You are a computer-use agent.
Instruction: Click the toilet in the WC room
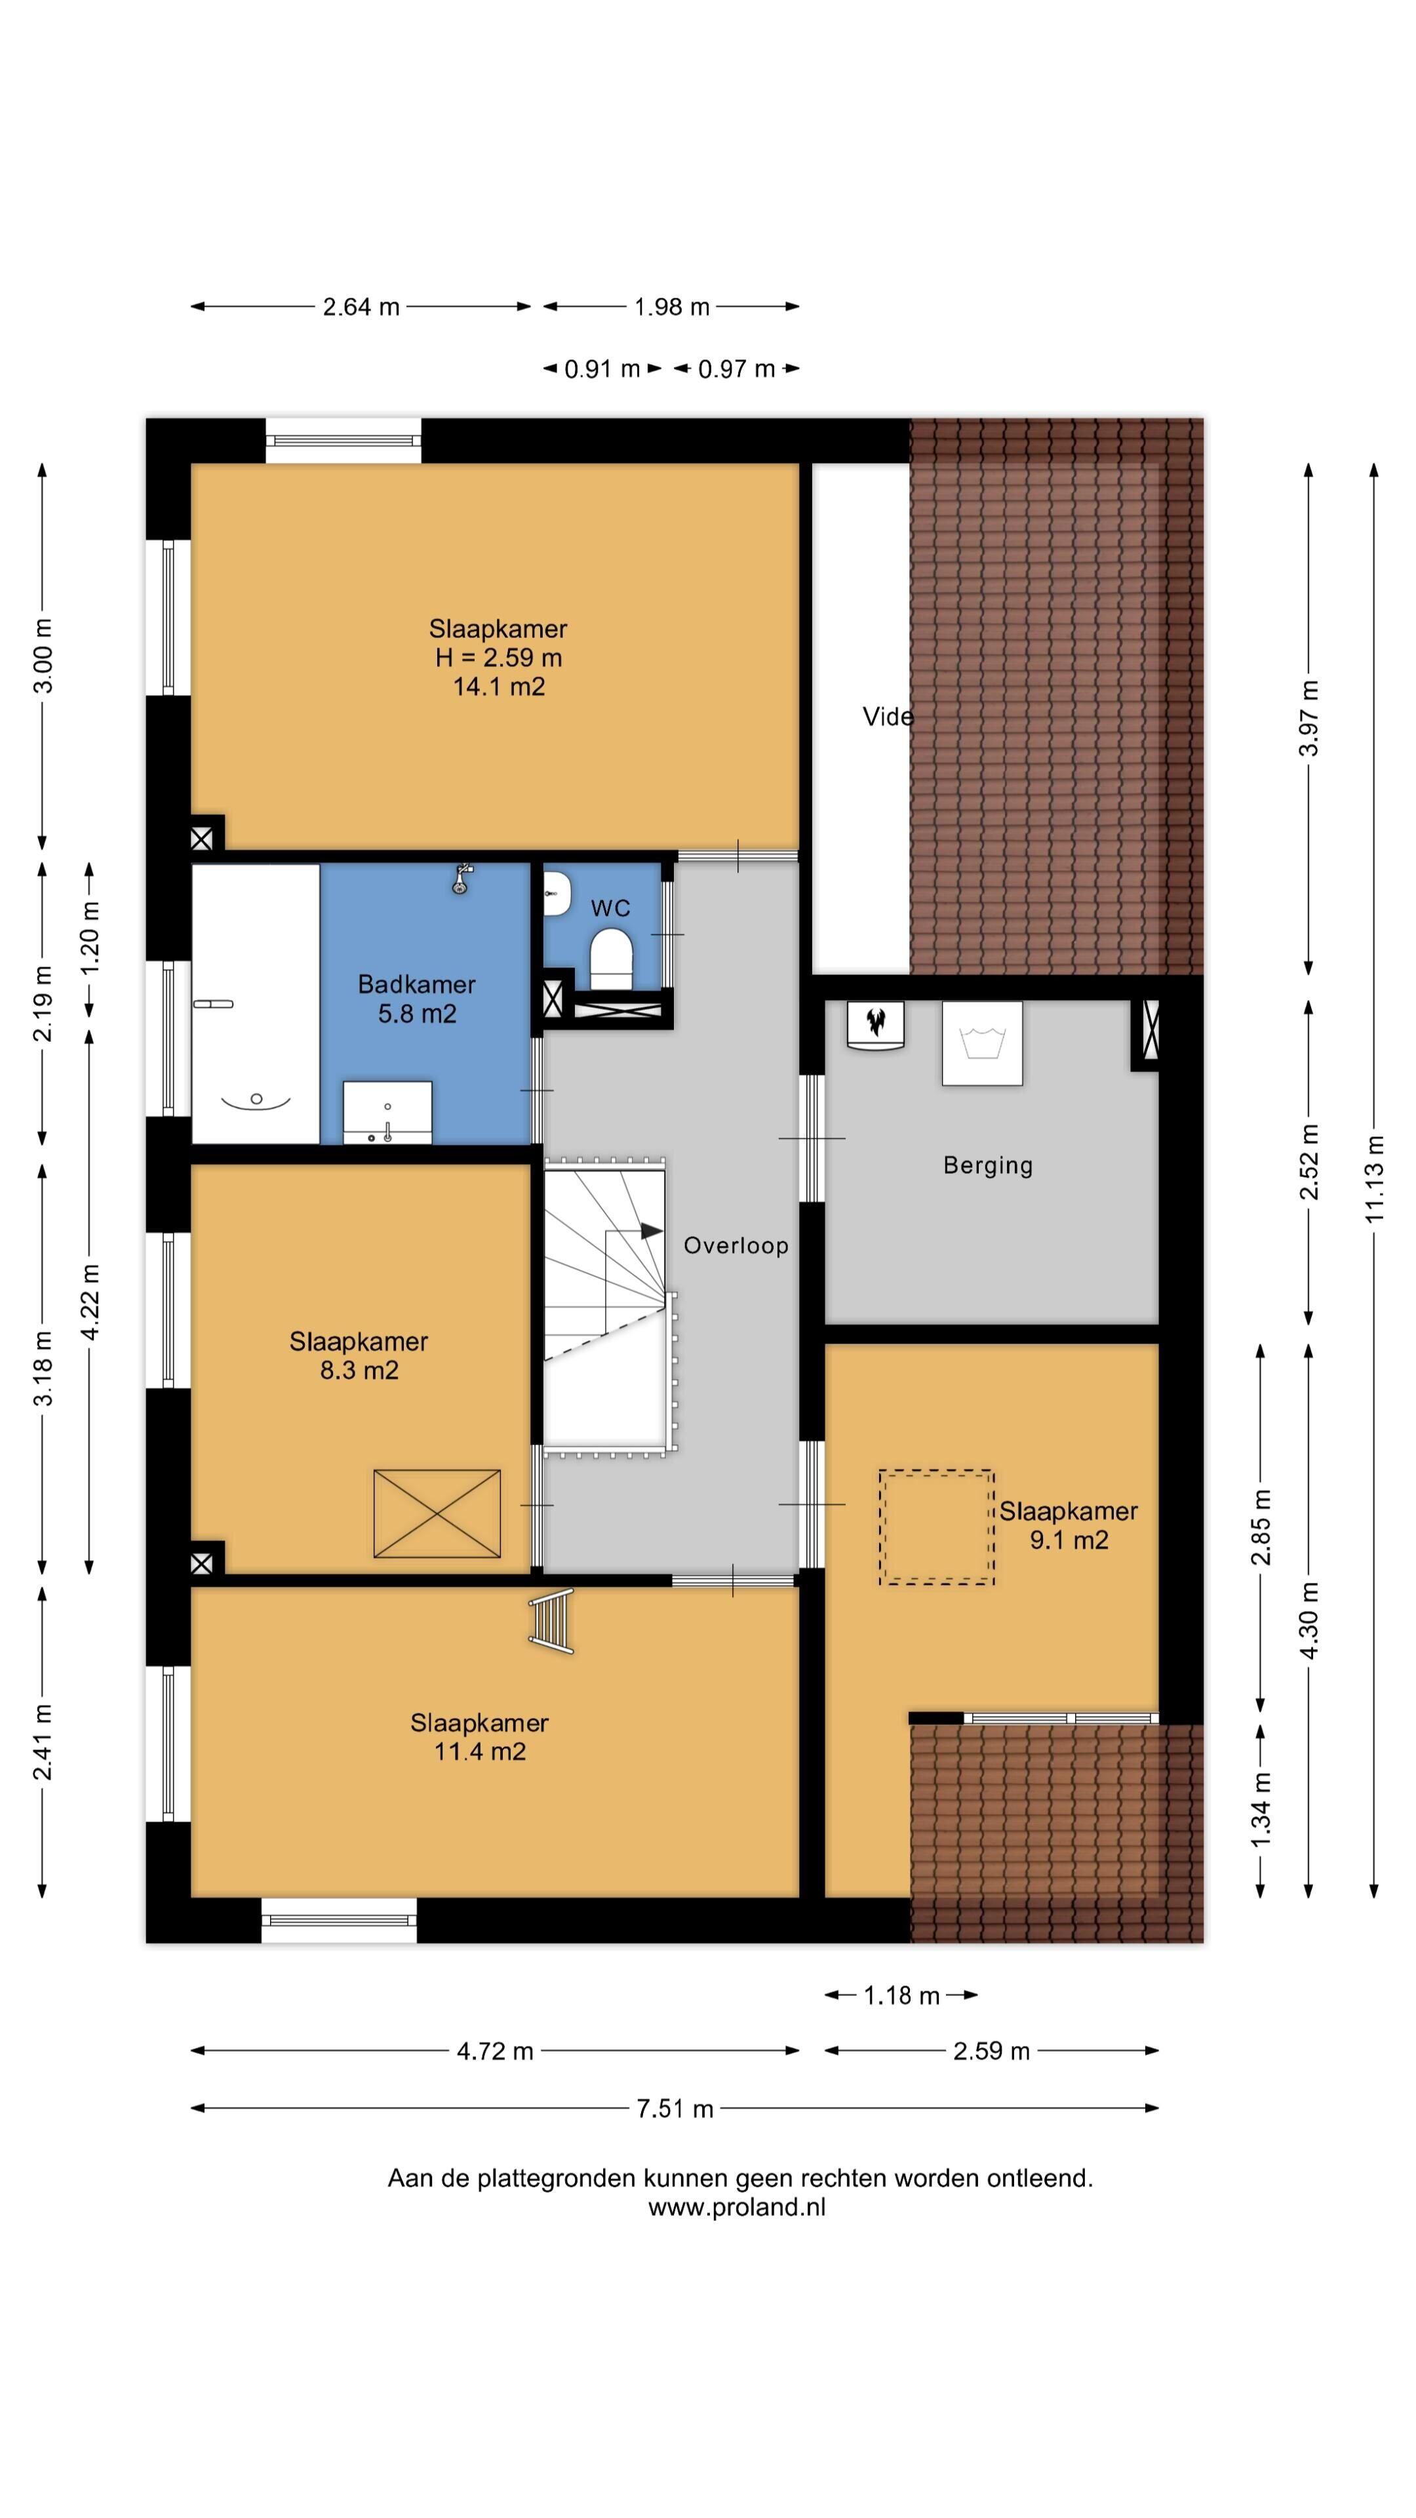612,958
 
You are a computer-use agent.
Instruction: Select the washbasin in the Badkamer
388,1111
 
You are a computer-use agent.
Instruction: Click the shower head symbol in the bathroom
462,878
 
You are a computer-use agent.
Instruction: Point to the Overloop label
735,1245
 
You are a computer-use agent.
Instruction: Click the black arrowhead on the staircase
652,1231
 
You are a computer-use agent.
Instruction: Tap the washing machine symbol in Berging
982,1043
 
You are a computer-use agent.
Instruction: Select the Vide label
888,717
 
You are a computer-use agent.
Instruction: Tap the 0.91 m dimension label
602,369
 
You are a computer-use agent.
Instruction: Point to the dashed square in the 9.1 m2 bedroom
936,1527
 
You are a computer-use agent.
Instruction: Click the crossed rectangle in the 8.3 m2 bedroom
437,1513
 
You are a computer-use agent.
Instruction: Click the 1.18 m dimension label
901,1995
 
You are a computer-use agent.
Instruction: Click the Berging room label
988,1165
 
